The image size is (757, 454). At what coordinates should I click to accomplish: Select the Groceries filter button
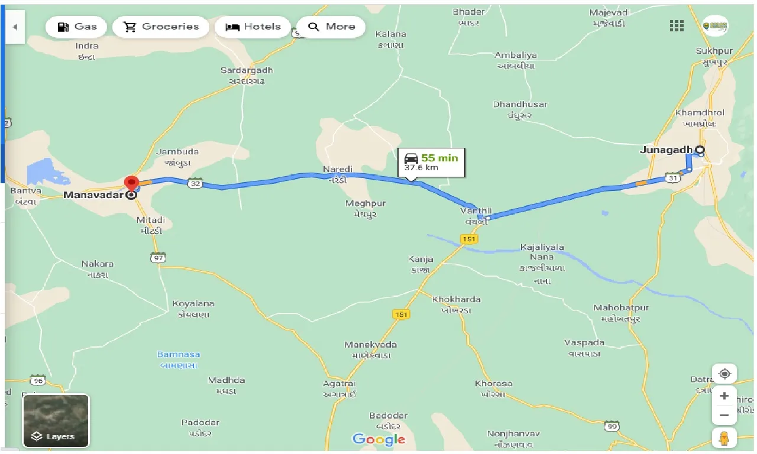161,27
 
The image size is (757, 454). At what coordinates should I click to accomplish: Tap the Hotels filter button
253,27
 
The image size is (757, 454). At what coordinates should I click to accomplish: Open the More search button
331,27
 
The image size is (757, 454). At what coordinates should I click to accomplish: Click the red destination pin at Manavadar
131,184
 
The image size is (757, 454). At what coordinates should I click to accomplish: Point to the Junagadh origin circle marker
700,150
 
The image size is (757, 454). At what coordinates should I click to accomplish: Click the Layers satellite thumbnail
56,420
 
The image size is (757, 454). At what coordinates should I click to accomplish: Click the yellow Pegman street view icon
724,438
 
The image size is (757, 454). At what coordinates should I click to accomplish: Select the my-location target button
724,374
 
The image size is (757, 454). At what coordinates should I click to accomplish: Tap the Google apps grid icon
677,25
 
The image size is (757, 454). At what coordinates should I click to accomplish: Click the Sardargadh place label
247,70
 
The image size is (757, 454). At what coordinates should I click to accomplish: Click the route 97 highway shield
158,257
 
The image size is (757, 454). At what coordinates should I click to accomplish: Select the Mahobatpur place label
621,308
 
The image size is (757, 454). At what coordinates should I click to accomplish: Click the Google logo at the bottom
378,439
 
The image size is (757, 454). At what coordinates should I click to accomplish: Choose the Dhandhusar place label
520,105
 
